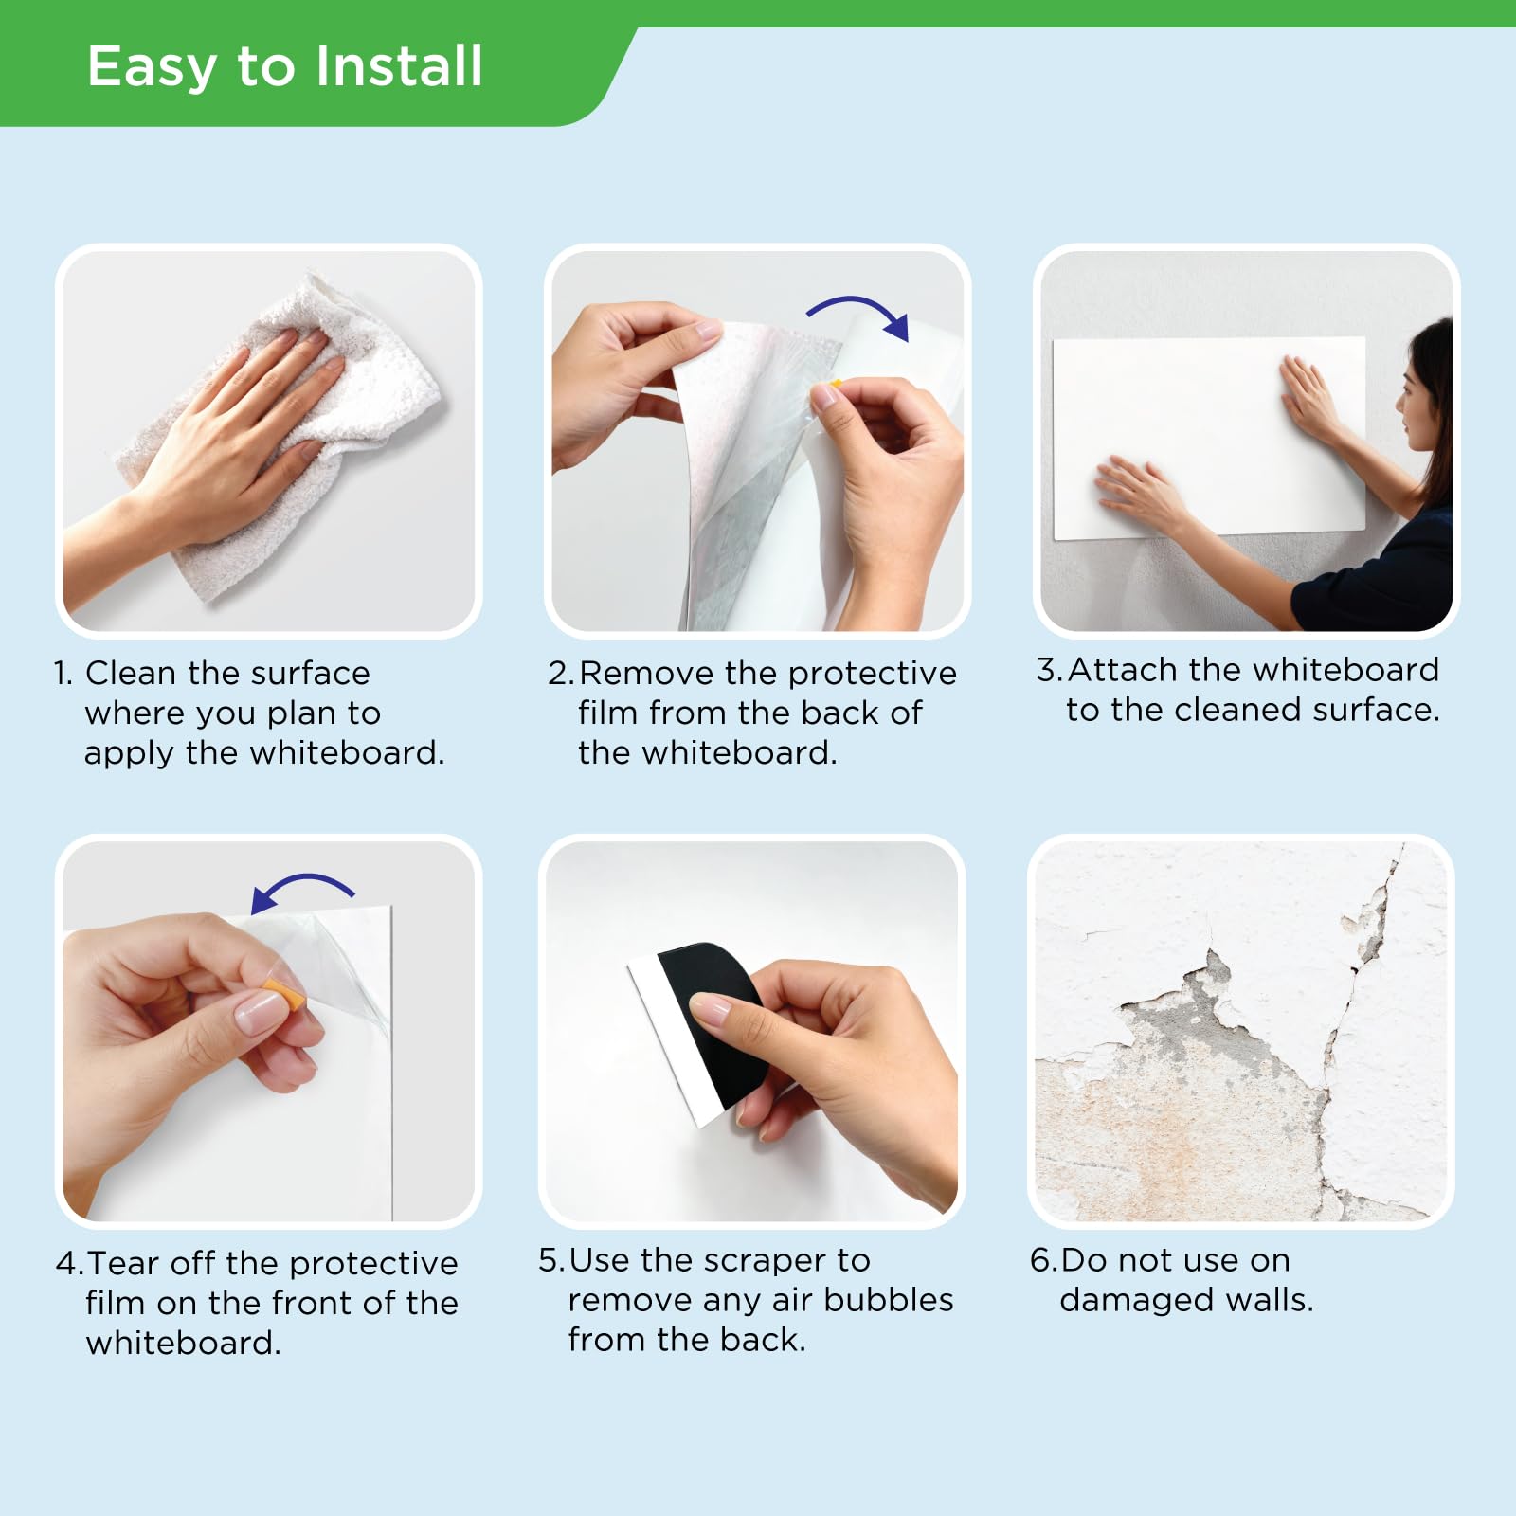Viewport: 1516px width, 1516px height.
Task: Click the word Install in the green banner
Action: tap(399, 66)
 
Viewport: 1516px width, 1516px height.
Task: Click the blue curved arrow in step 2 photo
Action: tap(857, 312)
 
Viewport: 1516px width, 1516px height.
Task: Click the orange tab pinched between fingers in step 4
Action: tap(285, 998)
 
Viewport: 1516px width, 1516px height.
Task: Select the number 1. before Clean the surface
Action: tap(63, 674)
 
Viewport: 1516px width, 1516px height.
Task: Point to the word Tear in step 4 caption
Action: tap(123, 1263)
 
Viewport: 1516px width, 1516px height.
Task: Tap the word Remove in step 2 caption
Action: tap(646, 673)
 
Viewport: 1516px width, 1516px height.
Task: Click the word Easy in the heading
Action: tap(152, 66)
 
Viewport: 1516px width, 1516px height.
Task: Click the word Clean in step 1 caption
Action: tap(130, 673)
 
